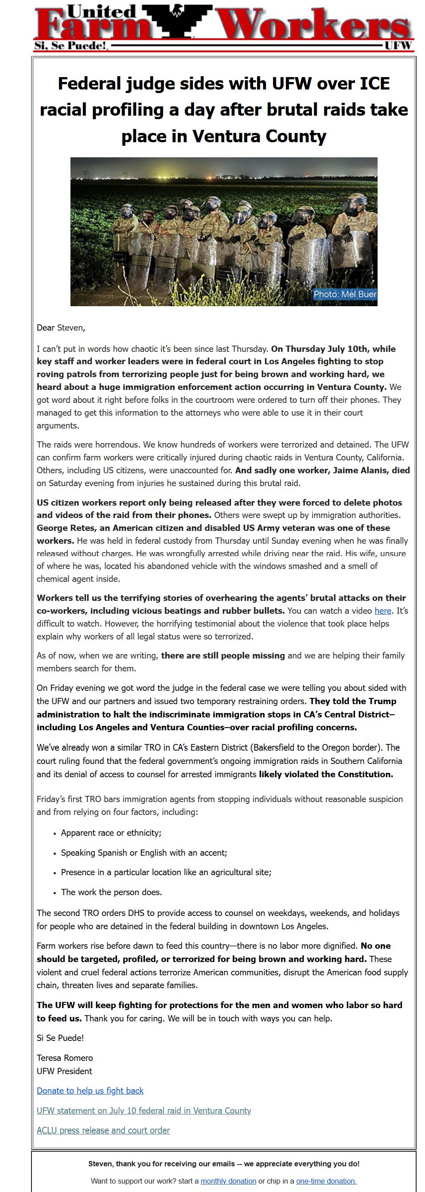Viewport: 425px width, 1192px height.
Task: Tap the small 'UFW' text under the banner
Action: tap(398, 45)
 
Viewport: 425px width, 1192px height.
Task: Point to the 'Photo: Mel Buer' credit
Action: tap(344, 294)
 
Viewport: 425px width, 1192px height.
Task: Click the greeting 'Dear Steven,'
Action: tap(61, 327)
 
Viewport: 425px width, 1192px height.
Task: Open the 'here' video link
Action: tap(382, 611)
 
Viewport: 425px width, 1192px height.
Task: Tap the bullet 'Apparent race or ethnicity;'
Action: tap(111, 833)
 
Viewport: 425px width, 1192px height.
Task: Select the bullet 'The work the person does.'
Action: tap(111, 892)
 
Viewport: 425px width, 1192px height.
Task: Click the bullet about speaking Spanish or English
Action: tap(144, 853)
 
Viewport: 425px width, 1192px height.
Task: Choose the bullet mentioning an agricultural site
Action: tap(166, 872)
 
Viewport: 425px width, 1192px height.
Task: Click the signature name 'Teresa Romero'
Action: tap(65, 1058)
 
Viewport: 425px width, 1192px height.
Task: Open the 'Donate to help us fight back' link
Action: tap(90, 1091)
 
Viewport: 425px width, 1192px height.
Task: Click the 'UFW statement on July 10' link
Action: tap(144, 1110)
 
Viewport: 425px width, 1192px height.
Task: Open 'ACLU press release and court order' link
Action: tap(103, 1130)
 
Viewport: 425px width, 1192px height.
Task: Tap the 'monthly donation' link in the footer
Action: tap(228, 1181)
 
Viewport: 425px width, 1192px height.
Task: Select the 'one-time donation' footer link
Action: tap(326, 1181)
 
